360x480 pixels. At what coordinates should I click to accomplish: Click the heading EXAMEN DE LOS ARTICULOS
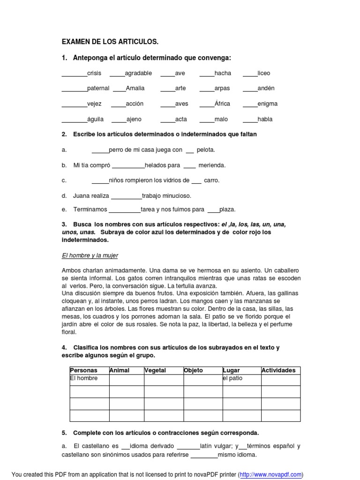[x=110, y=42]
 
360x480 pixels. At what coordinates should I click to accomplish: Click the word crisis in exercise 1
[x=94, y=73]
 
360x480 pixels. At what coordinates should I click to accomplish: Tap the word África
[x=223, y=104]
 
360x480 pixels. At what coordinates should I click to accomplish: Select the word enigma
[x=268, y=104]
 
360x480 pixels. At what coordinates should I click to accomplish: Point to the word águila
[x=96, y=119]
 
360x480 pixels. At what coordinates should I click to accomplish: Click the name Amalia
[x=135, y=88]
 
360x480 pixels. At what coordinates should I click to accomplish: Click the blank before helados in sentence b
[x=129, y=165]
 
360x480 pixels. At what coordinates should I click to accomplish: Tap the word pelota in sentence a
[x=206, y=150]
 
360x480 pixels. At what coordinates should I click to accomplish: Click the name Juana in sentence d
[x=82, y=195]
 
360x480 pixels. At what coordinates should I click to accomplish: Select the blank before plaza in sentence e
[x=213, y=210]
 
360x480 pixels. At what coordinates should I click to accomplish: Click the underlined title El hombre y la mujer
[x=90, y=255]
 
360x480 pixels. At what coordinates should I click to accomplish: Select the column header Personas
[x=83, y=370]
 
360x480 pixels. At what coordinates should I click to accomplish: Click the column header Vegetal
[x=156, y=370]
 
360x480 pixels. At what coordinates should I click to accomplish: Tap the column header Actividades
[x=278, y=370]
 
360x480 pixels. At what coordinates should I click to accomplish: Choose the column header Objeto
[x=194, y=370]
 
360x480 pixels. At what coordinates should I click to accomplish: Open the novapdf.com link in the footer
[x=270, y=475]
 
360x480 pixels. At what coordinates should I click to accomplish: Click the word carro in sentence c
[x=211, y=180]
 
